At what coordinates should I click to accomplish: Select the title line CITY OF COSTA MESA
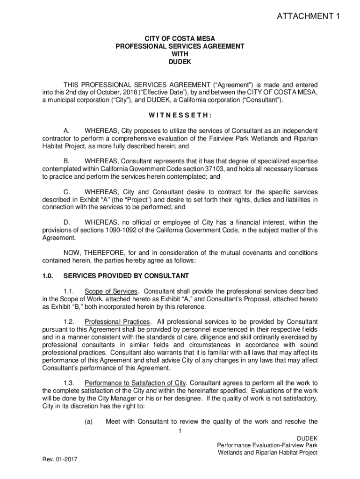(x=180, y=38)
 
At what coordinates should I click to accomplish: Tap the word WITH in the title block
(x=180, y=54)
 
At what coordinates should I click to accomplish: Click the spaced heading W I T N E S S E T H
(x=180, y=115)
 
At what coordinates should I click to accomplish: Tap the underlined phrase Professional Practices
(x=117, y=322)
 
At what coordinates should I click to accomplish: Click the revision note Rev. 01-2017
(x=59, y=459)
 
